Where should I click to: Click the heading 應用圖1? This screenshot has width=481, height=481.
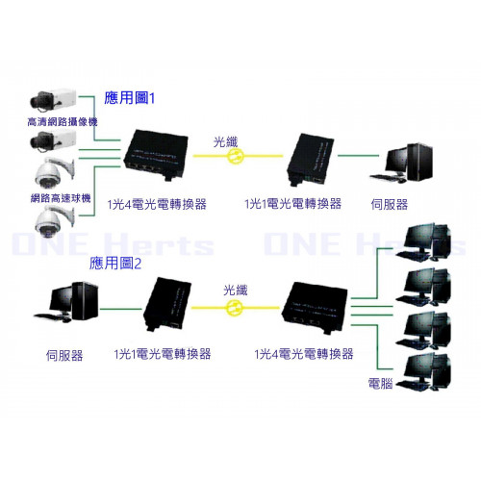click(129, 97)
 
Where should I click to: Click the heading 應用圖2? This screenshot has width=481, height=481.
click(115, 264)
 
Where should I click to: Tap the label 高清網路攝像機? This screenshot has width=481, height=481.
click(63, 122)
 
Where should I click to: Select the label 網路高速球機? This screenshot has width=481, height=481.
click(61, 198)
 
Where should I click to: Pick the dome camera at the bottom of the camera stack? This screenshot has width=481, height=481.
click(55, 221)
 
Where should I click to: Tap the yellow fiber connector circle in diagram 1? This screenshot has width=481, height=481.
click(236, 156)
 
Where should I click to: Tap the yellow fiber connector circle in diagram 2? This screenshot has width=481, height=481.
click(235, 308)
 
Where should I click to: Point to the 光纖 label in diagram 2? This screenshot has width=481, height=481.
click(236, 291)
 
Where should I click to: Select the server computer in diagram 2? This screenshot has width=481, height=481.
click(66, 302)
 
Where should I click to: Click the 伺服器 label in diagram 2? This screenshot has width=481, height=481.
click(64, 355)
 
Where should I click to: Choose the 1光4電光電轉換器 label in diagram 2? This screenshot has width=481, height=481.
click(304, 354)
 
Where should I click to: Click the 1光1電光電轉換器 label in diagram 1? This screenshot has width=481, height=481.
click(293, 204)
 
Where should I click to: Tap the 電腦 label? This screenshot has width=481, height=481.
click(380, 383)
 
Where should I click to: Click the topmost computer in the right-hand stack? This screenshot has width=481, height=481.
click(423, 241)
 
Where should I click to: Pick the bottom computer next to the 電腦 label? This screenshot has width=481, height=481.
click(423, 372)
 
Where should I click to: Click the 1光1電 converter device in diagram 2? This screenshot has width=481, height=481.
click(167, 304)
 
